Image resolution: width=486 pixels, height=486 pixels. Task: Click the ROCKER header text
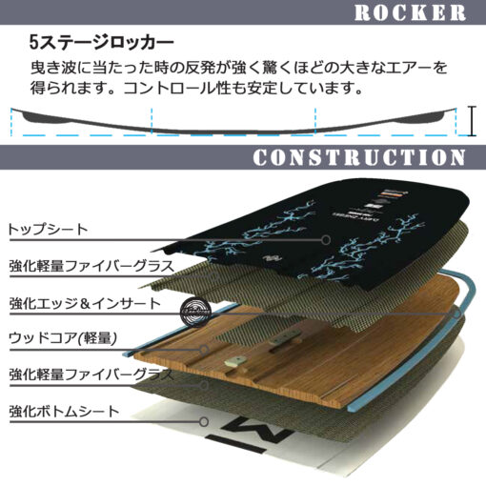(x=410, y=13)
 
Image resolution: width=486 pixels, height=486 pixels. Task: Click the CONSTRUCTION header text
(x=359, y=157)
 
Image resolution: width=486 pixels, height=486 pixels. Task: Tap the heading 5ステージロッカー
(x=102, y=43)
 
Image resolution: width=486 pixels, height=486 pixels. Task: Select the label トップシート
(x=48, y=230)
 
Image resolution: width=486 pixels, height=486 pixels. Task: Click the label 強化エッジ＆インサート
(x=85, y=304)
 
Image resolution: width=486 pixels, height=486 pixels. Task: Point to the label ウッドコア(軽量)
(x=63, y=338)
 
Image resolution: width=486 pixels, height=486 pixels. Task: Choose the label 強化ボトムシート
(x=64, y=412)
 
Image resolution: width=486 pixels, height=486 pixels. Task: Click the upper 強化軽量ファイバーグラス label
(x=91, y=266)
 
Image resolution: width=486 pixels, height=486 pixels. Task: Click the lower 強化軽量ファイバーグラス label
(x=91, y=375)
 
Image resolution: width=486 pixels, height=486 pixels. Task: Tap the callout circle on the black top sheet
(x=326, y=240)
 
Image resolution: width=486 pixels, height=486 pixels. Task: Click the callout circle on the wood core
(x=204, y=350)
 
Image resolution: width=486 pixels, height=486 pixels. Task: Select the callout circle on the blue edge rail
(x=456, y=314)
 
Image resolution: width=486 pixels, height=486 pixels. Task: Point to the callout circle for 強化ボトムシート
(x=204, y=422)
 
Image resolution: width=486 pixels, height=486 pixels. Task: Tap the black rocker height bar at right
(x=473, y=121)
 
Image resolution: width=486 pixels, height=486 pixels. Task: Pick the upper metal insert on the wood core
(x=284, y=336)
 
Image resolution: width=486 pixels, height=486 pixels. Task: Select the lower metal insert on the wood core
(x=235, y=361)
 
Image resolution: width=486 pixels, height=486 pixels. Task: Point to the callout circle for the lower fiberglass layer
(x=204, y=386)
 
